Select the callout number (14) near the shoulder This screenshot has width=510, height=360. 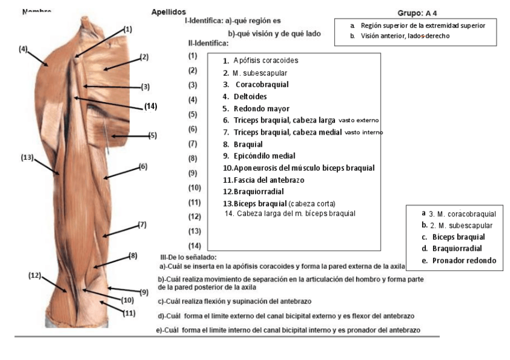150,106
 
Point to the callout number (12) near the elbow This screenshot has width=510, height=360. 34,275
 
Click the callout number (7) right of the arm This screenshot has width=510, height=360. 143,225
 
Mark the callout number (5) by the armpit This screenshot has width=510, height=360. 152,135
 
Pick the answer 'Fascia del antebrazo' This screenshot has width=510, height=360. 263,180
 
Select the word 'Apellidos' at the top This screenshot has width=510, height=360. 168,12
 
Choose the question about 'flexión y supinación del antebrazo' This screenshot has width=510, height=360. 235,301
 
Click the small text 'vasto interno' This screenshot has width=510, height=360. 364,132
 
